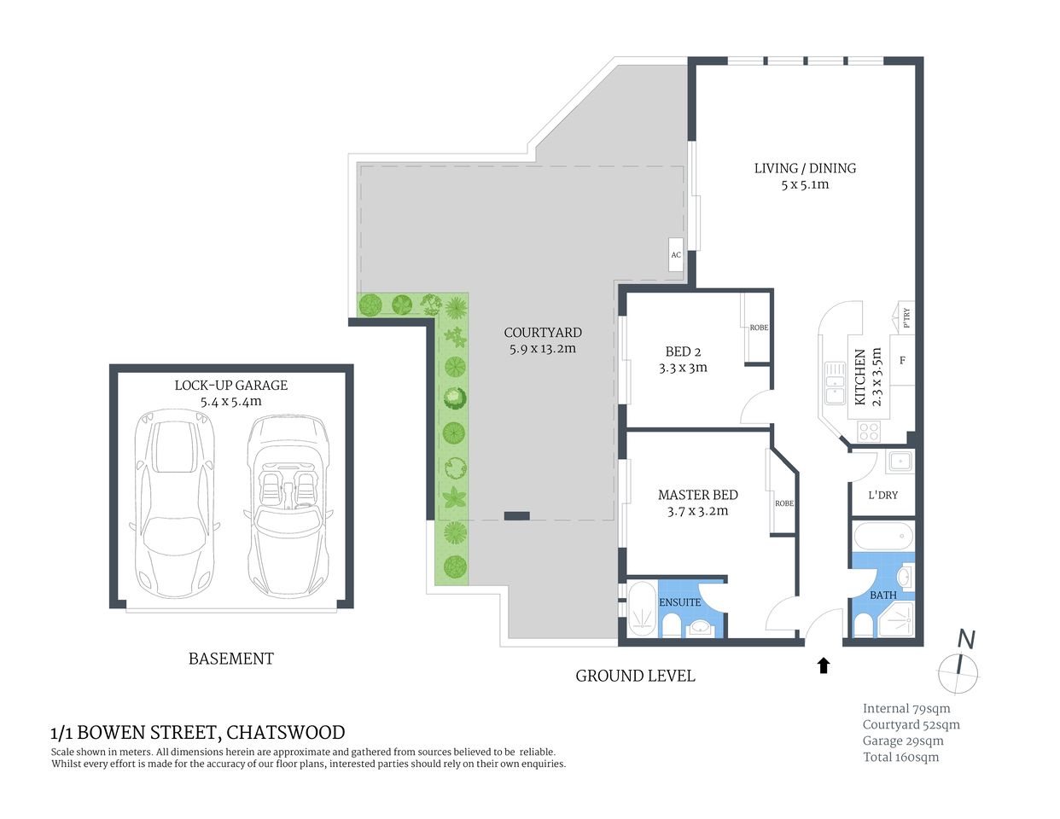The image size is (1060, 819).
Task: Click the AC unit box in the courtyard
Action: point(676,255)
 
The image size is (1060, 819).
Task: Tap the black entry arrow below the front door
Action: point(824,665)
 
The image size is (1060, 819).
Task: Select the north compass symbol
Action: point(960,665)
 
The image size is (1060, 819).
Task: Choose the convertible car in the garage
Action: point(288,505)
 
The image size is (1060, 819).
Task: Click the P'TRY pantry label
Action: point(906,317)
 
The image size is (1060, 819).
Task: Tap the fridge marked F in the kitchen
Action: point(902,361)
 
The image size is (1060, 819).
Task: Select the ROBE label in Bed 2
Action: point(759,328)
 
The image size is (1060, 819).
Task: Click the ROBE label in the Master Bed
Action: point(784,503)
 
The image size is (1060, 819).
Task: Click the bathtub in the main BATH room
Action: point(882,537)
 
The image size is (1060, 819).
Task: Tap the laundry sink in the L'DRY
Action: point(899,462)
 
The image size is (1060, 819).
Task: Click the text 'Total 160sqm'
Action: point(900,757)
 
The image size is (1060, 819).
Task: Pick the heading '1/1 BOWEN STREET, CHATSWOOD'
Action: point(198,732)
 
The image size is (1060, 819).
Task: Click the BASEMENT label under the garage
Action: point(230,659)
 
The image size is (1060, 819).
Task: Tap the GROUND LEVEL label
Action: point(635,676)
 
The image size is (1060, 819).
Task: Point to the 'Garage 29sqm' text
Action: point(903,741)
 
